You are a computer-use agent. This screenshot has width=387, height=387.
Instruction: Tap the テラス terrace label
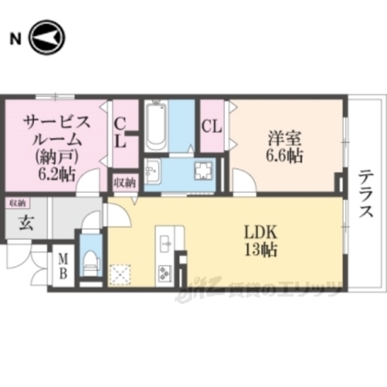(365, 193)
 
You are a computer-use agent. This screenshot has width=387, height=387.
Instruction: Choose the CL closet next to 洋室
(211, 127)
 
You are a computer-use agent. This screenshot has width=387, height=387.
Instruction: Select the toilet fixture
(90, 260)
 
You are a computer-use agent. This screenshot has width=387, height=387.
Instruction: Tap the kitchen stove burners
(166, 272)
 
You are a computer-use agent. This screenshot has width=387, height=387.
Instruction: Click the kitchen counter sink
(165, 240)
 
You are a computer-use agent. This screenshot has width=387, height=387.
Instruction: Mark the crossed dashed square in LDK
(121, 274)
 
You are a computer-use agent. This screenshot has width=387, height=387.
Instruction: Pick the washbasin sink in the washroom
(152, 171)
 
